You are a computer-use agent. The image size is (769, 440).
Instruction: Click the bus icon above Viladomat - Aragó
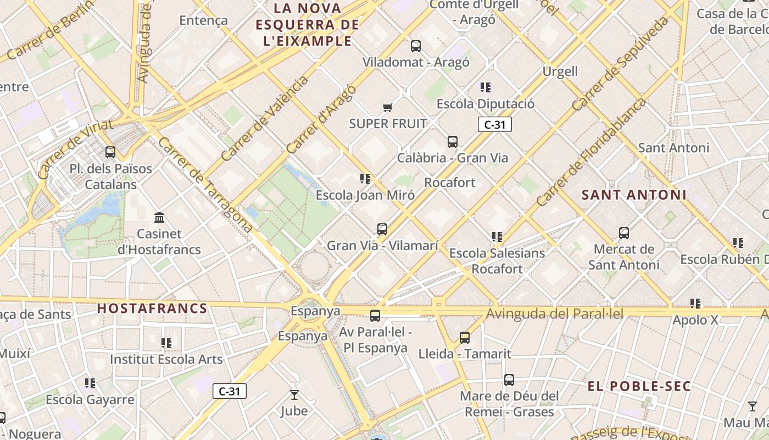(x=416, y=46)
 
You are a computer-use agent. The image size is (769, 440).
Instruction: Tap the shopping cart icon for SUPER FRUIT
(x=388, y=107)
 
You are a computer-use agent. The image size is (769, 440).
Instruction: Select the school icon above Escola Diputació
(x=486, y=87)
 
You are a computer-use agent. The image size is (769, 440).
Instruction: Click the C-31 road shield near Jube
(x=230, y=391)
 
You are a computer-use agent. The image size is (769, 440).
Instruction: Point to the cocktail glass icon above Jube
(x=294, y=394)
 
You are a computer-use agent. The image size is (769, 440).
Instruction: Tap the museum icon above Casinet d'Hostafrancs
(x=159, y=217)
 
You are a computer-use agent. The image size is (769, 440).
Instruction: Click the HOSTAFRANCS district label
(x=152, y=309)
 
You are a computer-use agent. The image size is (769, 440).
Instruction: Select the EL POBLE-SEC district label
(x=639, y=386)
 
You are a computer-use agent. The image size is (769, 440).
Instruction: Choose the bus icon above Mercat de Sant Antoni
(x=624, y=233)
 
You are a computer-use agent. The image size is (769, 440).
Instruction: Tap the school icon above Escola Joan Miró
(x=365, y=179)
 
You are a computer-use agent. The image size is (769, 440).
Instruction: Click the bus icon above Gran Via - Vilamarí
(x=382, y=229)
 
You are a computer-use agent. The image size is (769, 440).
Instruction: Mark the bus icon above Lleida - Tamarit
(x=465, y=337)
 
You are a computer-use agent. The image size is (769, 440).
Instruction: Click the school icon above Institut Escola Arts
(x=166, y=343)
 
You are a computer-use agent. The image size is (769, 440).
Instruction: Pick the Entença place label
(x=203, y=20)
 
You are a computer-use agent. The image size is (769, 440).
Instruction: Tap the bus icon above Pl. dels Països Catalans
(x=110, y=152)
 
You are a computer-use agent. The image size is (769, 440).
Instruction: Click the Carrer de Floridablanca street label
(x=591, y=152)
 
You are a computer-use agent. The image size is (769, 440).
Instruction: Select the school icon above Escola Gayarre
(x=90, y=383)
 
